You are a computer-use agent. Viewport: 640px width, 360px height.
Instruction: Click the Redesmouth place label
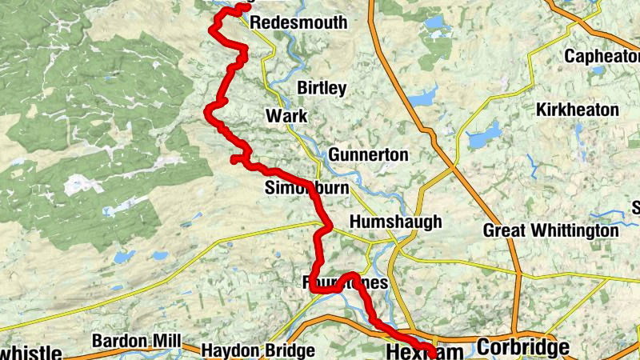point(298,23)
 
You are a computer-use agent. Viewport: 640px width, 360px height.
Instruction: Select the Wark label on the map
point(286,117)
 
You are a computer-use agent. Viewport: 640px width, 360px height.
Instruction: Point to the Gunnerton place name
point(368,154)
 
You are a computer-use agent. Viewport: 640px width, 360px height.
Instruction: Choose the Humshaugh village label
point(395,222)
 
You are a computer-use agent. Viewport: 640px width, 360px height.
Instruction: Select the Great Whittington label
point(550,231)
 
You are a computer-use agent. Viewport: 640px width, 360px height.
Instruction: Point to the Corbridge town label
point(523,348)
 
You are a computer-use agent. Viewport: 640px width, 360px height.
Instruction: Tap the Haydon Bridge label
point(246,350)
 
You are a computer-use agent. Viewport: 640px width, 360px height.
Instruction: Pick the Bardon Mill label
point(134,341)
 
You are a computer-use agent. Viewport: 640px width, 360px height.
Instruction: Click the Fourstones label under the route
point(346,283)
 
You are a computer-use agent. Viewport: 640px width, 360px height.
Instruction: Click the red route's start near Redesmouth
point(242,8)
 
